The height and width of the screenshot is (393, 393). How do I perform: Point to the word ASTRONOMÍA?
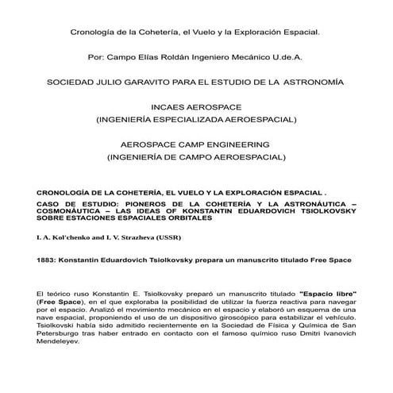coord(310,82)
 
